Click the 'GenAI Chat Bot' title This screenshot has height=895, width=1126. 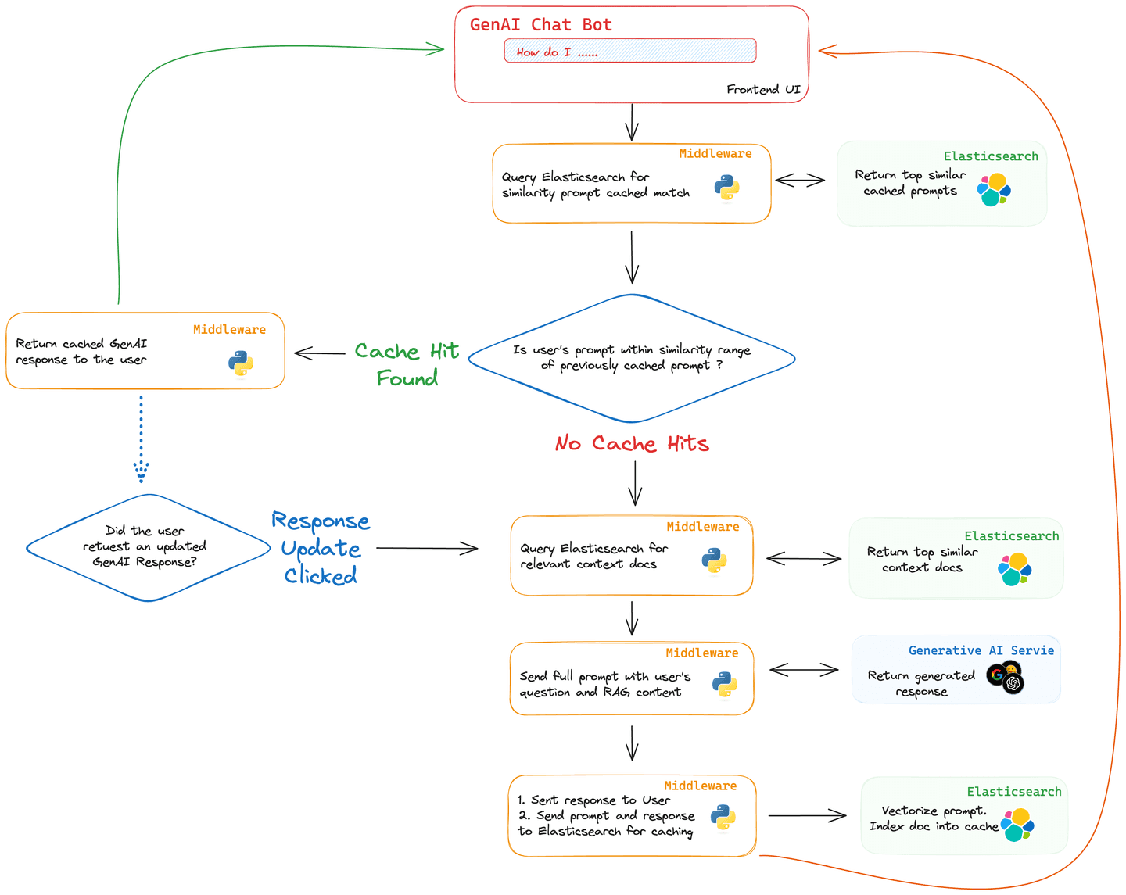[540, 25]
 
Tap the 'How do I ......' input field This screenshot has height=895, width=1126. [629, 52]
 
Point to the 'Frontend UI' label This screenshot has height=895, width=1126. [763, 89]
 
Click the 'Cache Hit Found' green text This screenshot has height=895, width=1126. [407, 364]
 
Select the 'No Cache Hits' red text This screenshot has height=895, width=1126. [632, 444]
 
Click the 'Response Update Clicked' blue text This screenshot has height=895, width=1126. [321, 548]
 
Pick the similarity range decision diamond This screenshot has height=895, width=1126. [632, 358]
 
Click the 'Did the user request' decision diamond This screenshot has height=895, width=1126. [147, 547]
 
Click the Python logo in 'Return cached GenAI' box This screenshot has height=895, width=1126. [241, 363]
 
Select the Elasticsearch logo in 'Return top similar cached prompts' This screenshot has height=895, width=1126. [994, 190]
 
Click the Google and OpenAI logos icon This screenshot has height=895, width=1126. [1006, 677]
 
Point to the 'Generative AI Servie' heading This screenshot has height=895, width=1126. [981, 650]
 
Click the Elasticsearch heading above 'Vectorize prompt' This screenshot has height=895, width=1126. [1013, 792]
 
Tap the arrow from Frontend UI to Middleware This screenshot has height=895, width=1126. [632, 123]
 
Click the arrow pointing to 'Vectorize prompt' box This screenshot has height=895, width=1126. [806, 815]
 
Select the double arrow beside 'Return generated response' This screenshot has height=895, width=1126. [803, 670]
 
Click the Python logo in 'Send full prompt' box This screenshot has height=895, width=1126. [725, 685]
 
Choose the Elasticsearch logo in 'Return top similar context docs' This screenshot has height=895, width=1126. [1015, 569]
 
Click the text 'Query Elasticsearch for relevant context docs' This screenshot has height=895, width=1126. [593, 556]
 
